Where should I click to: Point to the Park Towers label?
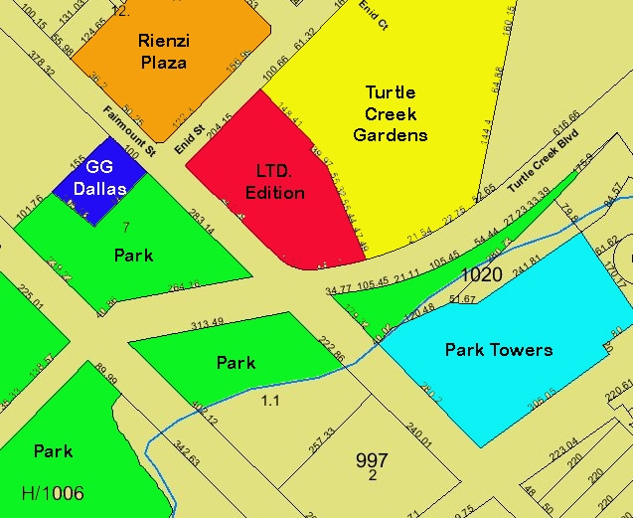pos(498,349)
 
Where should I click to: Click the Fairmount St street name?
pos(131,131)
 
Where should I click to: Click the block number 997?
pos(372,460)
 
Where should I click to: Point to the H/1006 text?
pos(53,493)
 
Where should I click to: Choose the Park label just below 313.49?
pos(236,363)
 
